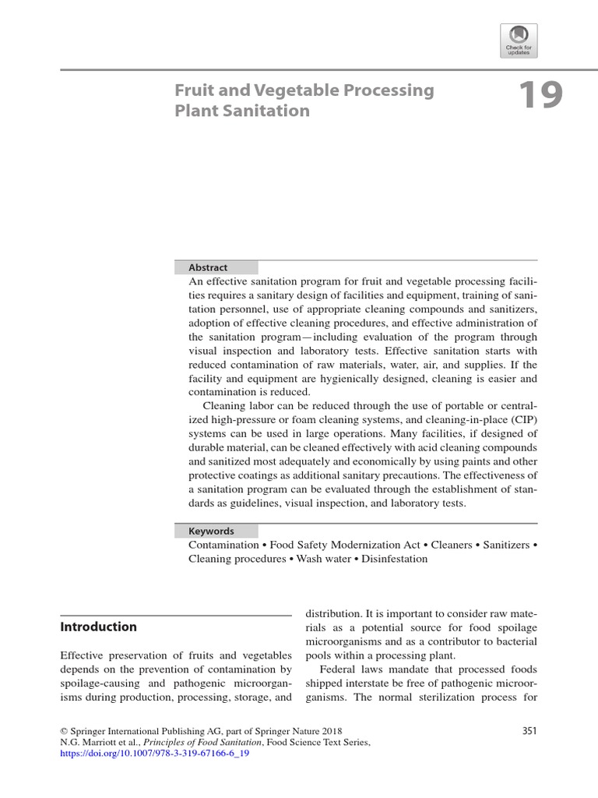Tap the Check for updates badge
[519, 40]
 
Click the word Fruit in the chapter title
[193, 90]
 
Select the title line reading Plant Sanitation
[242, 111]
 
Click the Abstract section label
[208, 267]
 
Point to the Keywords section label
[211, 531]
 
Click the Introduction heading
[99, 627]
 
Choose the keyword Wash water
[321, 560]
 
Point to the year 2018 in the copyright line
[328, 731]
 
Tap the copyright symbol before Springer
[64, 731]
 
